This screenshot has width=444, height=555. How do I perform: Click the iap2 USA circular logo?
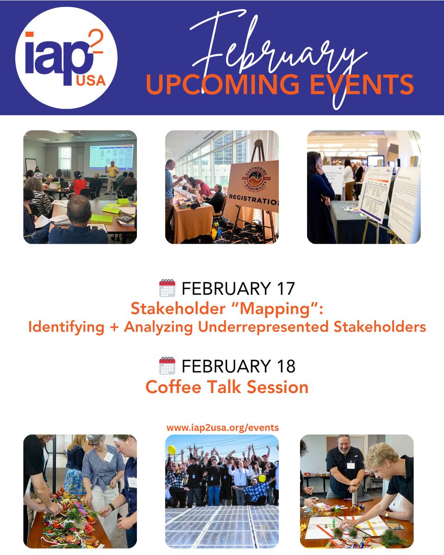click(x=66, y=57)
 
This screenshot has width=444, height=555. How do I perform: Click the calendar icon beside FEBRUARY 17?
click(x=167, y=288)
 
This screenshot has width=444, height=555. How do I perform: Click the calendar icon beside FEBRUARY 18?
click(x=167, y=366)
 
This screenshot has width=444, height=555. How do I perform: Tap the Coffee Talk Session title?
click(x=227, y=387)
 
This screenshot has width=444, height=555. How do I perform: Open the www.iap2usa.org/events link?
click(x=222, y=428)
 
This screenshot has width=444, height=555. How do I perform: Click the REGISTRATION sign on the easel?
click(x=253, y=202)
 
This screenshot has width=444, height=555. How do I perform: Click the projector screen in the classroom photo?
click(x=111, y=156)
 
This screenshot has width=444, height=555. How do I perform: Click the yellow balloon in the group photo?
click(x=171, y=450)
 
